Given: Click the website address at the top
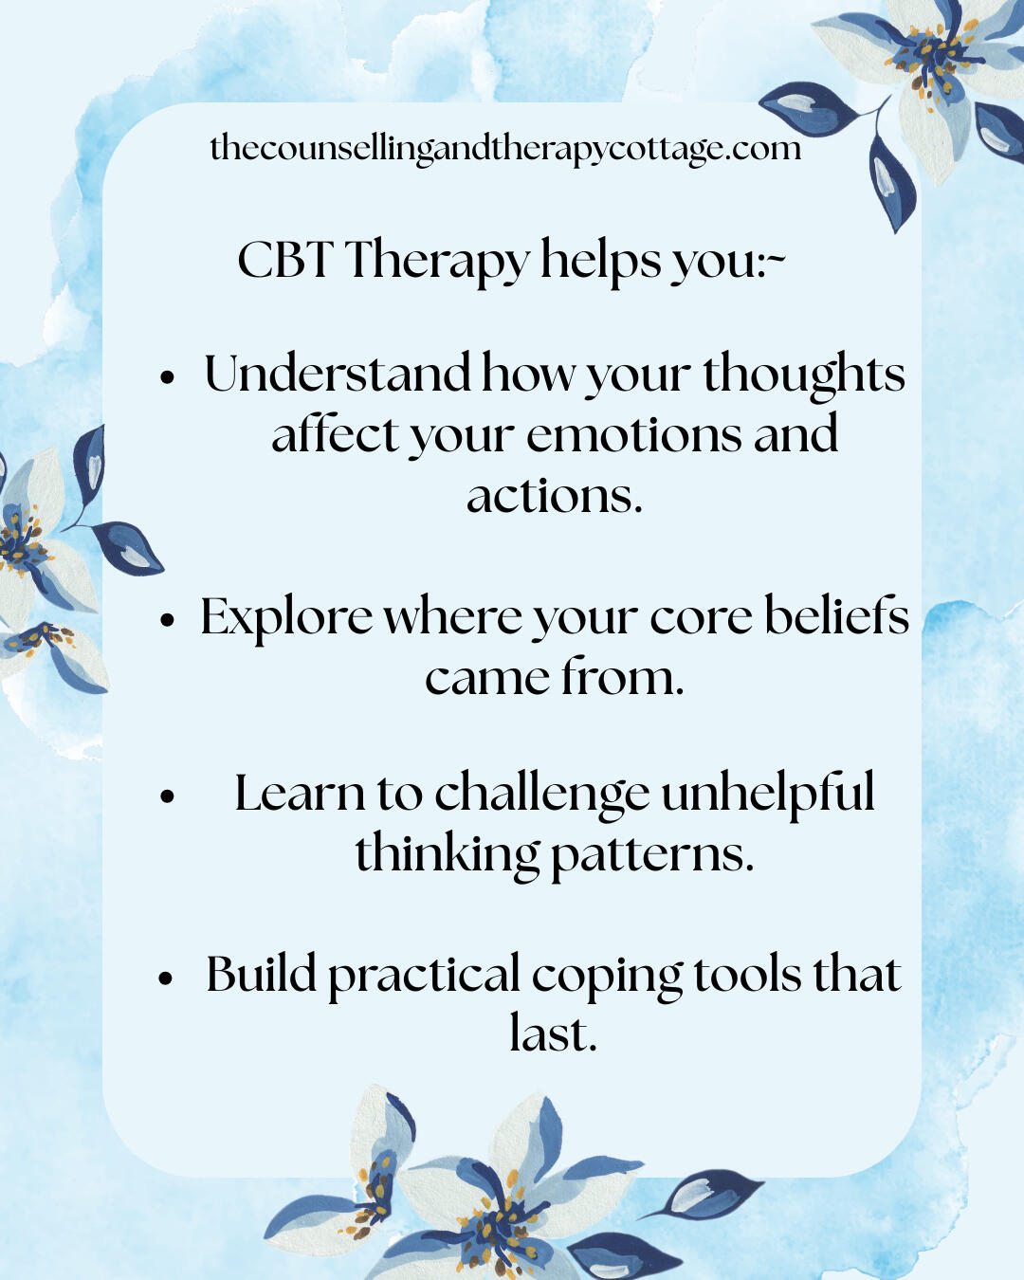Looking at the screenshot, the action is click(505, 149).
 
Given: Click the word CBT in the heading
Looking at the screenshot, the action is click(283, 260).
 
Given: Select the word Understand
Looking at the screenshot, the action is click(338, 373).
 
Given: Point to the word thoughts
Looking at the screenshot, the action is click(804, 375).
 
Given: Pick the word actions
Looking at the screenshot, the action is click(555, 496).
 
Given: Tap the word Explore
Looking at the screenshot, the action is click(286, 618).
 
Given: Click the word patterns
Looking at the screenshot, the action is click(652, 856).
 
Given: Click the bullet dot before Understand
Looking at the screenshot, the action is click(169, 377).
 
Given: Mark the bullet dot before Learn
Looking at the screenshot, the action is click(169, 797).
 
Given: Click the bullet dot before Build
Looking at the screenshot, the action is click(166, 978).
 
